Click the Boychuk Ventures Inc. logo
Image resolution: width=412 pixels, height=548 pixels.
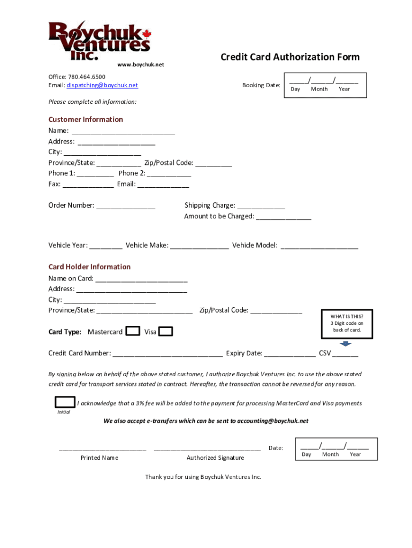[100, 41]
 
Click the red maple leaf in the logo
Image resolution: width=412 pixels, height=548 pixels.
[147, 33]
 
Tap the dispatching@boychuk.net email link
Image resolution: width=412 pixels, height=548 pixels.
[102, 85]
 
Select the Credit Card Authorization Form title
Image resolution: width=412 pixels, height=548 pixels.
[290, 57]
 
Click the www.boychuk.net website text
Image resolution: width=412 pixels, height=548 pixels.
[141, 65]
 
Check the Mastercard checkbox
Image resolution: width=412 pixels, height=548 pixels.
[133, 331]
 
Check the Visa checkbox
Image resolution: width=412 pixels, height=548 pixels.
[166, 332]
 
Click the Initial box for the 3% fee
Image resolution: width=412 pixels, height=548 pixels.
[65, 402]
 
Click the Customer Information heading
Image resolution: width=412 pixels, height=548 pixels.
[86, 119]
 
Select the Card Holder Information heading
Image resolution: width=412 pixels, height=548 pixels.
[89, 267]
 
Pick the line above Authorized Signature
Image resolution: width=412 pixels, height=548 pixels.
[207, 449]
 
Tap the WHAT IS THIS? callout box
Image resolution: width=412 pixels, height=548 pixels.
[346, 323]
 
